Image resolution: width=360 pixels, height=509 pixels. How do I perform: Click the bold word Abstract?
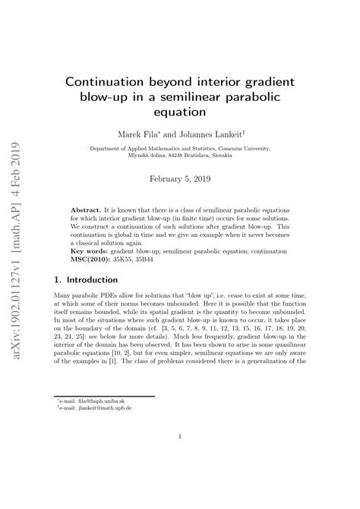(86, 207)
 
